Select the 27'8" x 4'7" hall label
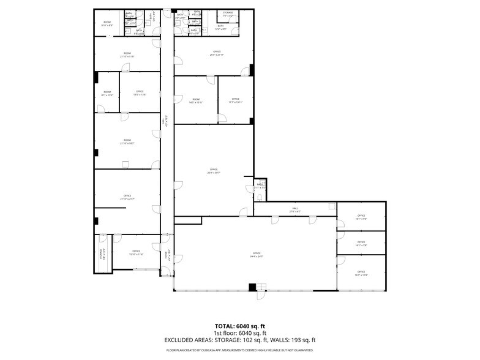(294, 210)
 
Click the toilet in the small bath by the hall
(260, 196)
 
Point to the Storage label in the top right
(228, 13)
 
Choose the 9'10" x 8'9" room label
(107, 24)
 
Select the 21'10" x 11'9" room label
(127, 54)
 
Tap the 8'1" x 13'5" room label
(107, 94)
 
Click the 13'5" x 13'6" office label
(140, 92)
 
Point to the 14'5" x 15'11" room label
(196, 100)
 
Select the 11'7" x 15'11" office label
(236, 100)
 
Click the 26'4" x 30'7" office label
(214, 170)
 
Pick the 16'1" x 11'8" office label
(361, 273)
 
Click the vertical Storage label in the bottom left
(102, 253)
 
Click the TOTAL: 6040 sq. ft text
(239, 326)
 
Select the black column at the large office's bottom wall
(252, 287)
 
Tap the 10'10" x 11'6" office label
(136, 252)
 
